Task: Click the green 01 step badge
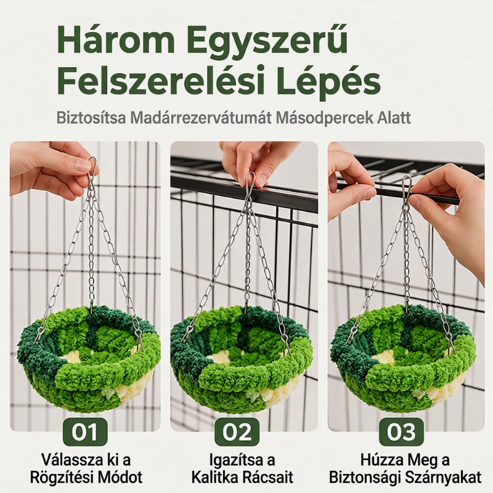click(x=84, y=432)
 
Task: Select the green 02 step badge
click(x=237, y=432)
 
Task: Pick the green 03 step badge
click(x=401, y=432)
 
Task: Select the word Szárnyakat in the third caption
click(x=448, y=478)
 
